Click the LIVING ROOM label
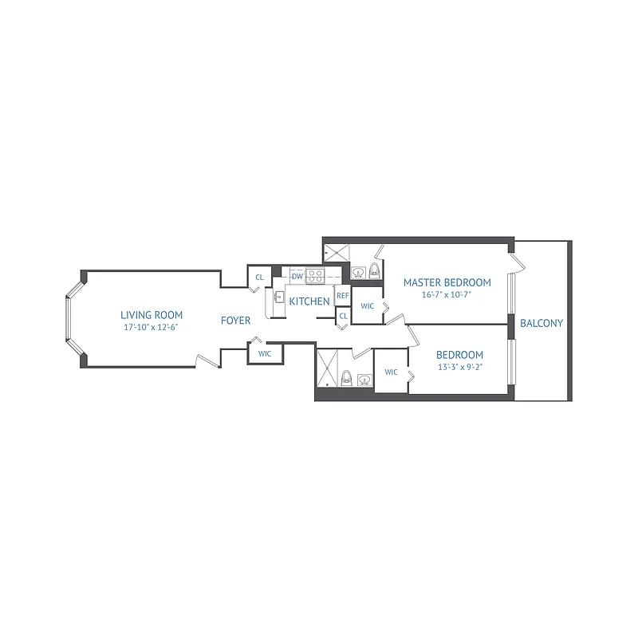click(152, 314)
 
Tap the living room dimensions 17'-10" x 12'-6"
click(152, 328)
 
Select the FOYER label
click(235, 321)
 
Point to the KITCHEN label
click(309, 301)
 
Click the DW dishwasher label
click(297, 276)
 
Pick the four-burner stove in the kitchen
click(316, 277)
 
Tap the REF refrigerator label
click(342, 295)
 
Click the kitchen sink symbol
click(279, 297)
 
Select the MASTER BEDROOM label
click(447, 282)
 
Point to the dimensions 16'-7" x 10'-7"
click(447, 295)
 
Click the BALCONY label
click(542, 324)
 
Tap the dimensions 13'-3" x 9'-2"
click(460, 368)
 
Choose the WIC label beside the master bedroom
click(368, 306)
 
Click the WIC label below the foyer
click(265, 352)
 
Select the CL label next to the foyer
click(258, 278)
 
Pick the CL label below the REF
click(343, 316)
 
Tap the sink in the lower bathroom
click(364, 379)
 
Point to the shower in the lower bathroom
click(328, 368)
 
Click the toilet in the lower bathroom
click(346, 378)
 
